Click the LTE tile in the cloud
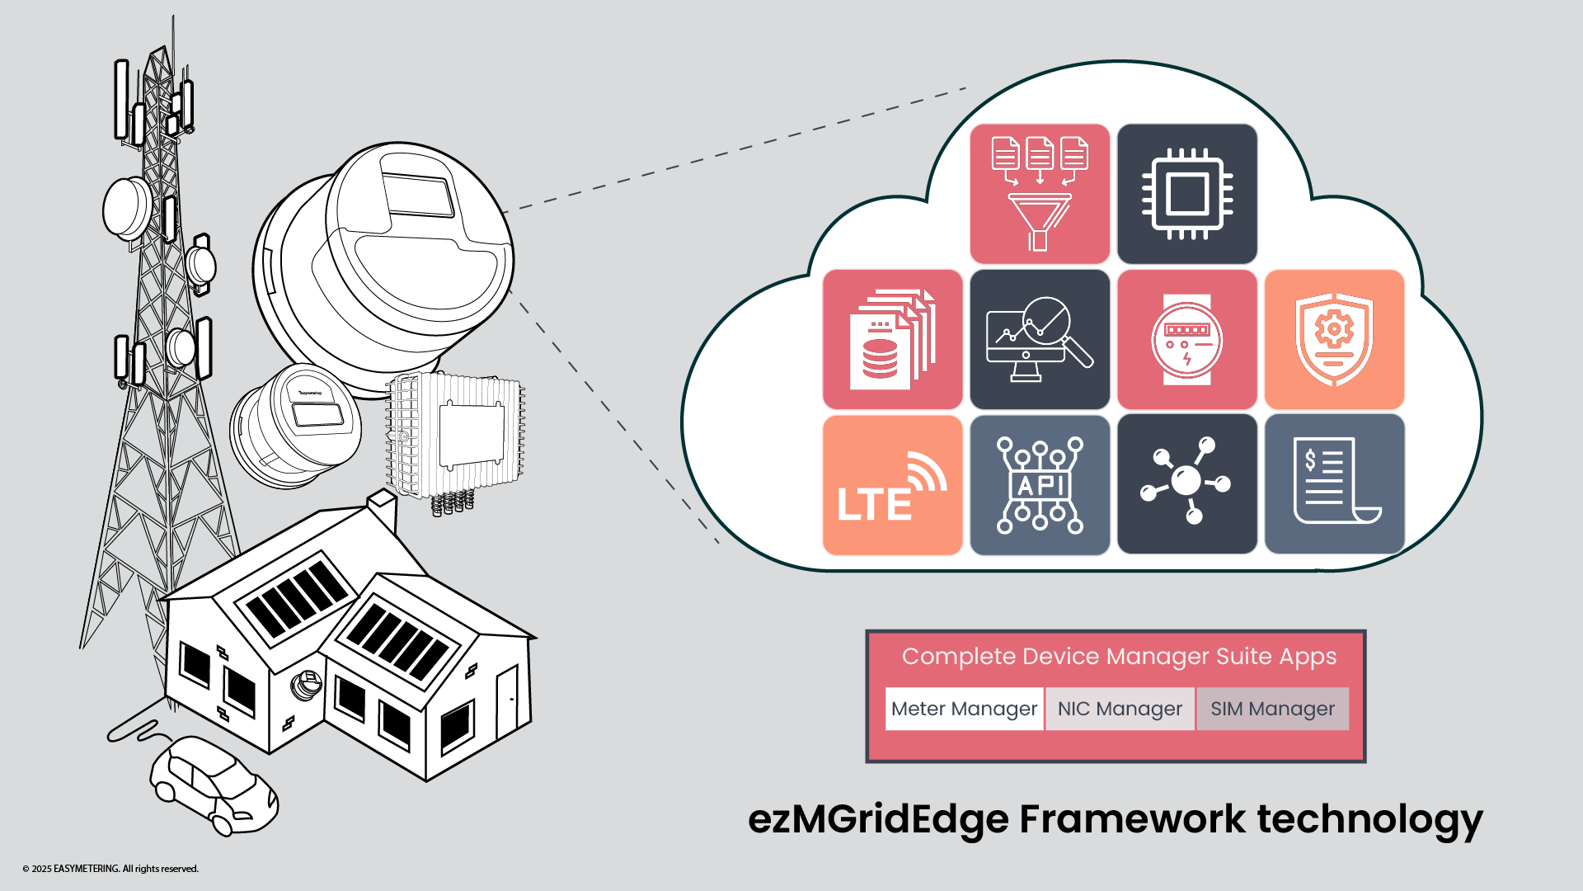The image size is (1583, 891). click(x=892, y=485)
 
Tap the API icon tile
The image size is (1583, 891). click(x=1040, y=485)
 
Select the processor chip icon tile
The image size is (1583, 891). click(x=1187, y=194)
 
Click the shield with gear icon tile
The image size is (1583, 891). click(x=1334, y=339)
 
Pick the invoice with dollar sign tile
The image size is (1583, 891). click(x=1334, y=485)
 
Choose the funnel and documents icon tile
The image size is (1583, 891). click(x=1040, y=194)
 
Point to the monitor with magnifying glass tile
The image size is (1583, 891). click(x=1040, y=339)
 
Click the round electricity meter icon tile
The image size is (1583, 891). click(x=1187, y=339)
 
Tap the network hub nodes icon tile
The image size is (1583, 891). click(x=1187, y=485)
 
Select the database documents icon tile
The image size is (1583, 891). click(x=892, y=339)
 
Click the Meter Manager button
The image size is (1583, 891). click(x=964, y=709)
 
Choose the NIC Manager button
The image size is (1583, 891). click(x=1120, y=709)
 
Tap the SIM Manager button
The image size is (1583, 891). click(x=1272, y=709)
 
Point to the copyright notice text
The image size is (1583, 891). click(x=110, y=869)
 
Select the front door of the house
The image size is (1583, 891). click(x=507, y=701)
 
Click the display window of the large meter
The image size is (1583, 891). click(x=417, y=195)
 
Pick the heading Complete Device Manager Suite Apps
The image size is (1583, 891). click(x=1119, y=657)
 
